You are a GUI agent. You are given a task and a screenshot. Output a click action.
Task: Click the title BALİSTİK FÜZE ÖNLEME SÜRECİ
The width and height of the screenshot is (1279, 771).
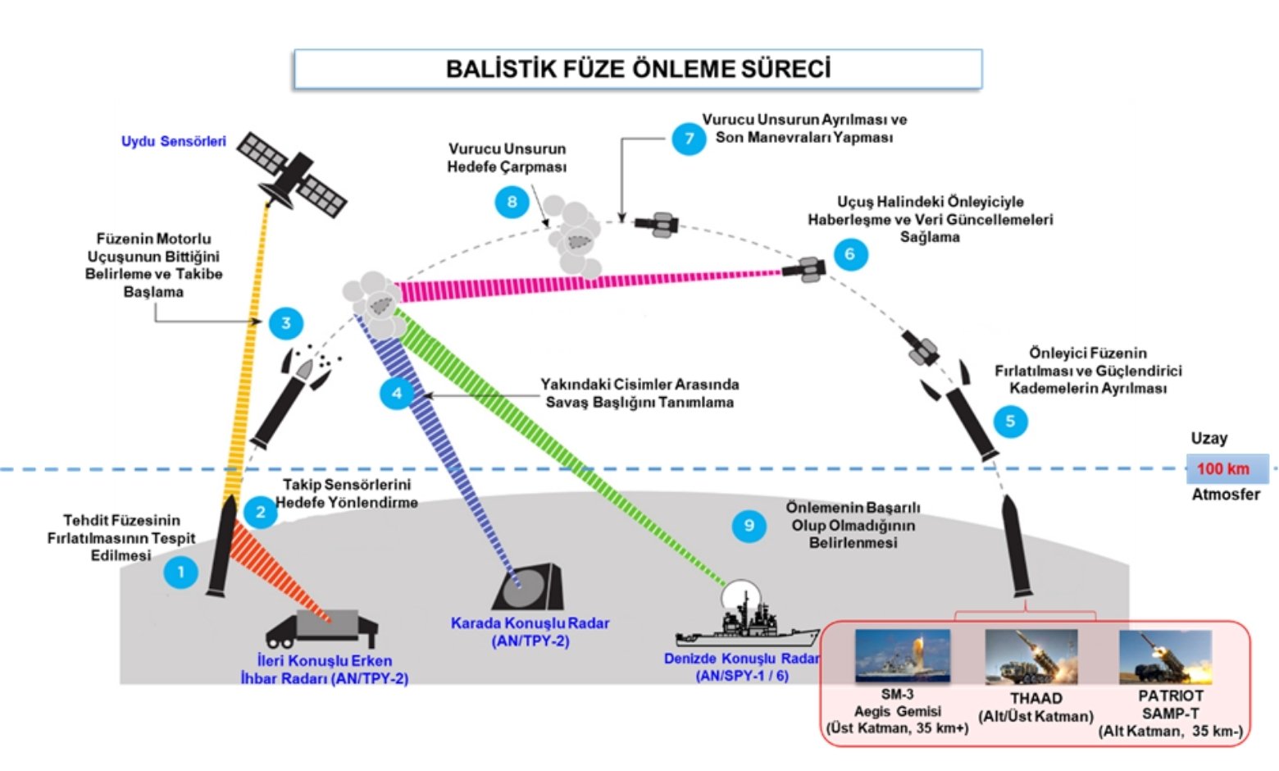[x=637, y=69]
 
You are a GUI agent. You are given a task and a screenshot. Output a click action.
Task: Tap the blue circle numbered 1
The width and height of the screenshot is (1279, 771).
[x=180, y=572]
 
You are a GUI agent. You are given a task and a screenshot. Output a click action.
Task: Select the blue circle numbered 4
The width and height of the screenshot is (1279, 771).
[x=397, y=394]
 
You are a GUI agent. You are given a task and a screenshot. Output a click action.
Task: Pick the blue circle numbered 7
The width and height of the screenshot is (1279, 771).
[x=689, y=138]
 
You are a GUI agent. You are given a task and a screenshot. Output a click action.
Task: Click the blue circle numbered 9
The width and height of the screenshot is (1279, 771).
[x=749, y=526]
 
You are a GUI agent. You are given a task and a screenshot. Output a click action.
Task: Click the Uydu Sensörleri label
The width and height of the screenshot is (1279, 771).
[x=173, y=141]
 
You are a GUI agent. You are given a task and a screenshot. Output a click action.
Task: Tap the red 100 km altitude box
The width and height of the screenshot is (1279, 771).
[x=1226, y=469]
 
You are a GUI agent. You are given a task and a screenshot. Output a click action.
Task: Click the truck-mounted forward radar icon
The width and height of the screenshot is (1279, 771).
[x=323, y=628]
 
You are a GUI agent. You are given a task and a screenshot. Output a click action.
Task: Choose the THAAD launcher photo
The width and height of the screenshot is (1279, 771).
[x=1031, y=657]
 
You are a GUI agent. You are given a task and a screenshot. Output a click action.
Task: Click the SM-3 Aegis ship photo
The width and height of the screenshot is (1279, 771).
[x=902, y=655]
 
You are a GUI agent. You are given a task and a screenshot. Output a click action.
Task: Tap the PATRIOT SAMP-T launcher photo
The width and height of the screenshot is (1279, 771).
[x=1164, y=657]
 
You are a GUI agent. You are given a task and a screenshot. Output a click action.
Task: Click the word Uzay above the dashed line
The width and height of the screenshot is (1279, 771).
[x=1208, y=438]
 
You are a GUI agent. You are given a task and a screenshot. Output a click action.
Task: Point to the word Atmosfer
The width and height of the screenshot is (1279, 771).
[x=1225, y=495]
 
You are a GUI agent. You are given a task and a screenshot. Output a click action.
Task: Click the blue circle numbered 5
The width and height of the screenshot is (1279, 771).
[x=1010, y=421]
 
